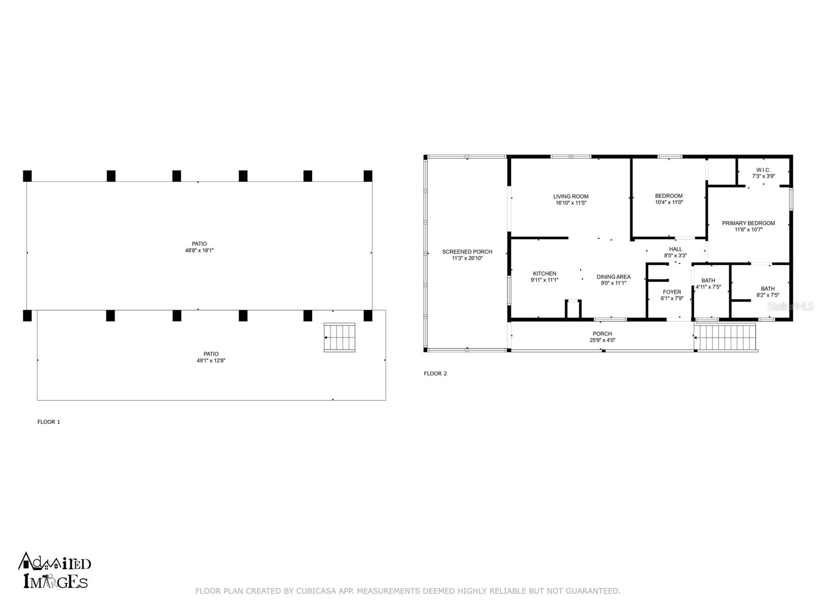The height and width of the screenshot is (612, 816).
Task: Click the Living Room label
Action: pos(571,196)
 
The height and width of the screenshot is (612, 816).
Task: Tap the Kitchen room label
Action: pos(544,273)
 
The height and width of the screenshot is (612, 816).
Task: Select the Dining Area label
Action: pos(614,277)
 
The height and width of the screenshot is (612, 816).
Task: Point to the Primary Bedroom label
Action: pos(748,223)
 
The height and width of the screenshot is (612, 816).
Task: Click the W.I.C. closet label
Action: pos(763,170)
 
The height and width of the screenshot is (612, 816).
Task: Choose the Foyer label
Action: pos(672,292)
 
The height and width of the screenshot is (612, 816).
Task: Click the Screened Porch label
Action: pos(467,252)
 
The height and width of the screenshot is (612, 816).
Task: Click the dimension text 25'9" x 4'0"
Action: pos(602,340)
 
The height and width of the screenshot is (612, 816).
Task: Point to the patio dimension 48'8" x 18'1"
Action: pos(199,250)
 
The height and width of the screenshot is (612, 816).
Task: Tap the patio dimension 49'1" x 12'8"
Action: pos(211,361)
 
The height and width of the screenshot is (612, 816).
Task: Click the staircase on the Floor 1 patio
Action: pos(339,338)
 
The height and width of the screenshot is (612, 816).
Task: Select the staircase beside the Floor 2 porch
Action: pos(726,338)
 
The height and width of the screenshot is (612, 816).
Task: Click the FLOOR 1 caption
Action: pos(48,422)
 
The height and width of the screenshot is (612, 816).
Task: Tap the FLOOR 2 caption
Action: pos(435,373)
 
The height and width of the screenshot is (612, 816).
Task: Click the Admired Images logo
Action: pos(54,570)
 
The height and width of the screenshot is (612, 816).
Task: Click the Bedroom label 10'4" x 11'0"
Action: pos(669,199)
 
